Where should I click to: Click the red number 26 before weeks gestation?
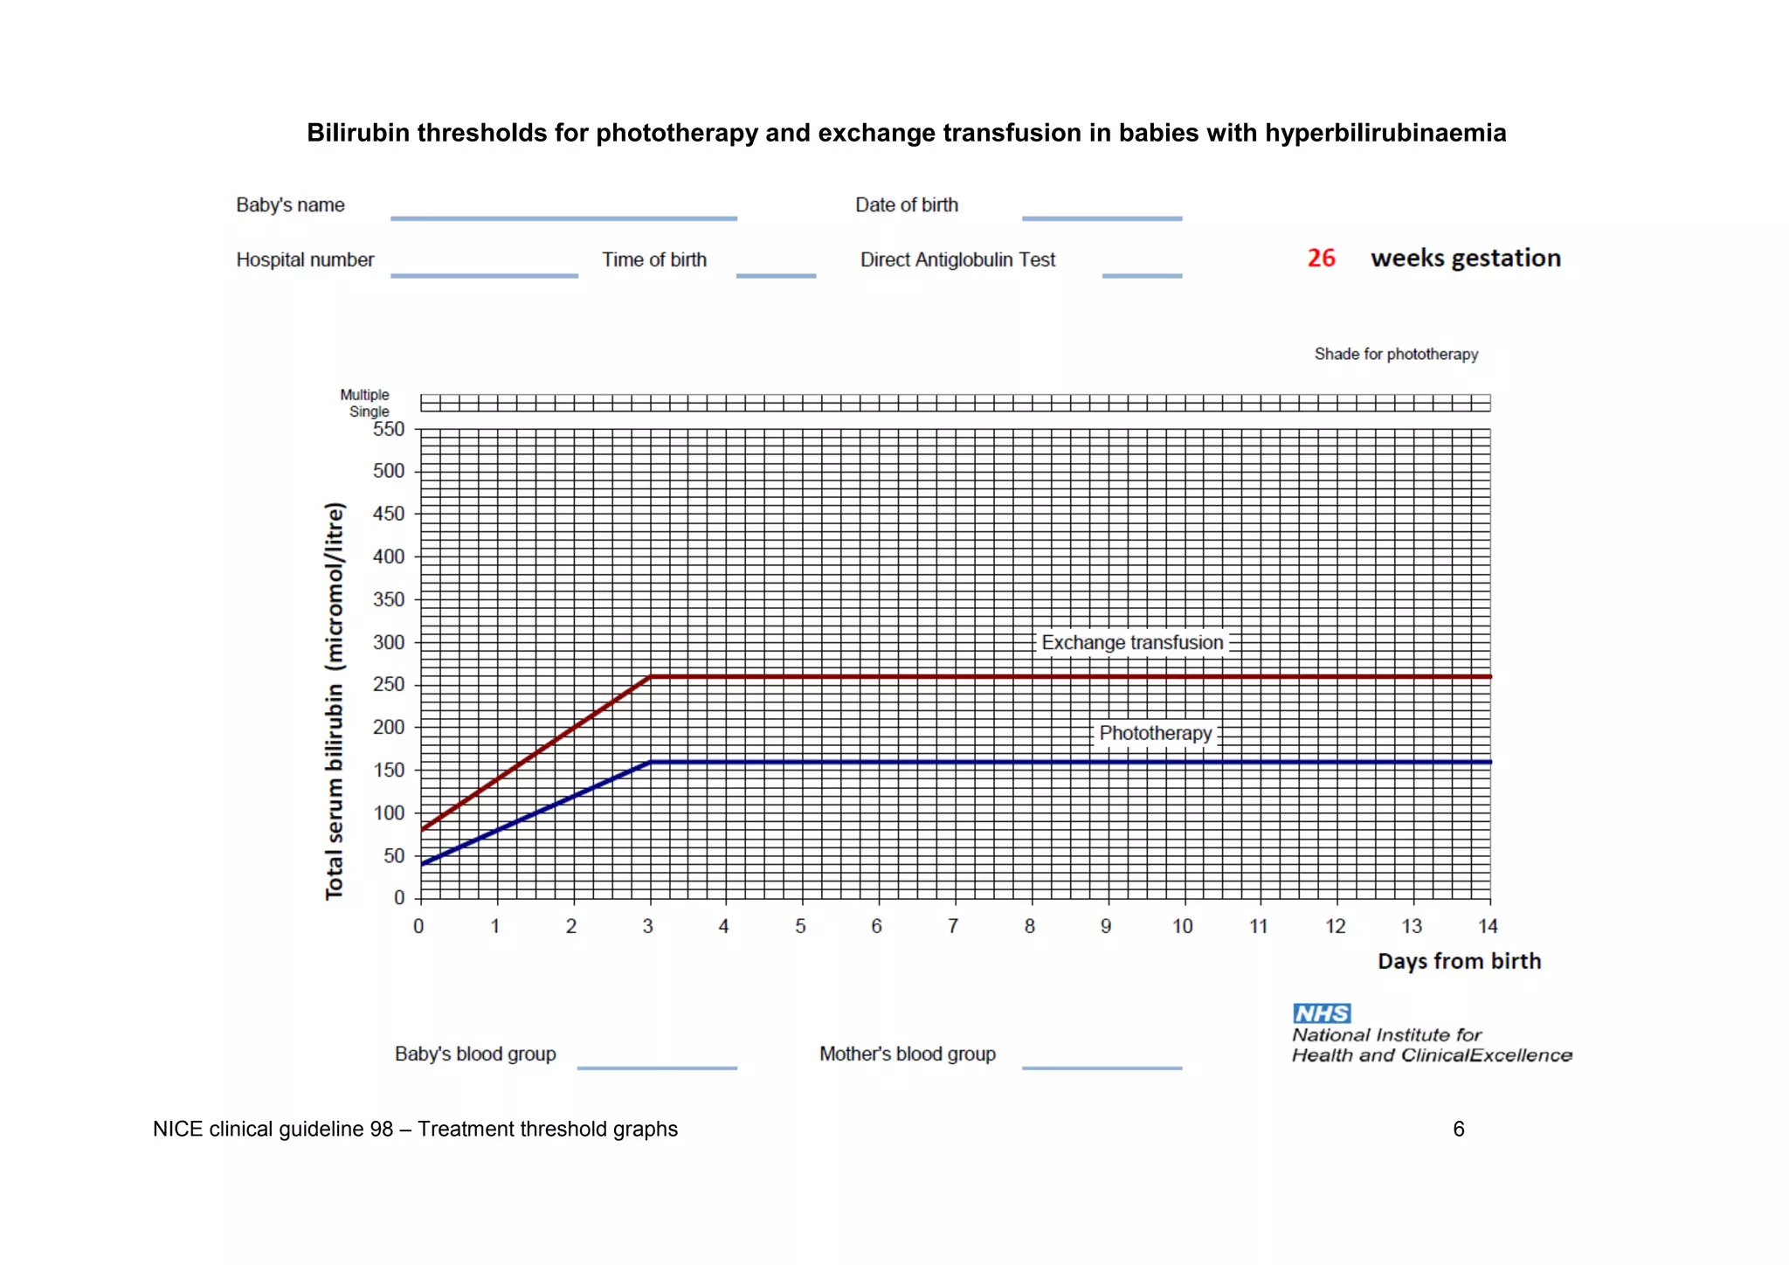(1321, 258)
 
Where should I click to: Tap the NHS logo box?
(1322, 1013)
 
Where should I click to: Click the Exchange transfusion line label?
(1132, 643)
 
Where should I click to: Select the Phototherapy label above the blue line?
(1155, 734)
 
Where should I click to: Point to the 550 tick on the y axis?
(389, 429)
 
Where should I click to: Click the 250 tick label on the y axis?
(389, 684)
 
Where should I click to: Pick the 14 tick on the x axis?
(1488, 926)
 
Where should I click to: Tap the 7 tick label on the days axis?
(953, 926)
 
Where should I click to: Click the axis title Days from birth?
(1459, 961)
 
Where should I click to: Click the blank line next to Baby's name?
(563, 217)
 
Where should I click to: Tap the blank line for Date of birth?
(1102, 217)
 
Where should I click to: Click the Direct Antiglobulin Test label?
(957, 259)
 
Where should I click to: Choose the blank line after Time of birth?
(776, 274)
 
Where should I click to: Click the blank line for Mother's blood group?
(1102, 1066)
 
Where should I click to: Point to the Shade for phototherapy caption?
(1396, 354)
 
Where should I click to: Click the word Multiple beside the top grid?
(364, 395)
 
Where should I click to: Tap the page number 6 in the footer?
(1458, 1129)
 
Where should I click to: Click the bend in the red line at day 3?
(650, 677)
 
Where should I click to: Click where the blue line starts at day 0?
(422, 864)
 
